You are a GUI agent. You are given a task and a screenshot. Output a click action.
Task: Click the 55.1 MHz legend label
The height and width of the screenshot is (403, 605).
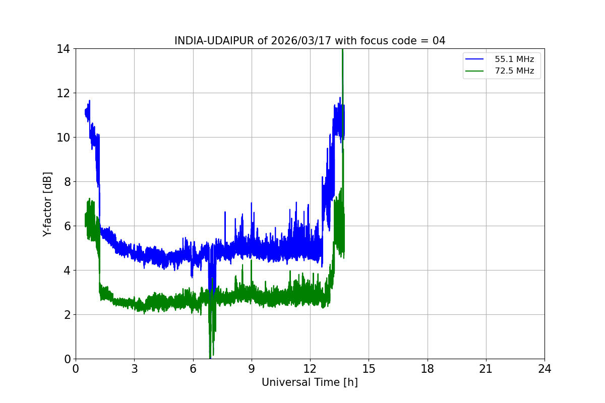point(514,59)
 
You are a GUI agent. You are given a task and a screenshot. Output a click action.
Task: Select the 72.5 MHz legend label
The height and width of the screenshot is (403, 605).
point(514,71)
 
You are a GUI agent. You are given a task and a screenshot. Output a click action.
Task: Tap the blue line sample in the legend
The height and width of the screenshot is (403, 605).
point(474,59)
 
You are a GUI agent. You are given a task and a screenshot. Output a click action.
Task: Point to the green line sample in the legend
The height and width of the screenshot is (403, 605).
point(474,71)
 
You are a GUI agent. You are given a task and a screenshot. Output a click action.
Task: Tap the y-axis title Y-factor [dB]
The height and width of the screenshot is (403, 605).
point(47,204)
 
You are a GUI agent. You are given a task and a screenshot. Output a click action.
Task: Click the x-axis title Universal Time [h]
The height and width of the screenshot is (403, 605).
point(310,382)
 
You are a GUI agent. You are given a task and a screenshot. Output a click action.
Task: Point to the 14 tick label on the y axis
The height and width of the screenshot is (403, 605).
point(63,49)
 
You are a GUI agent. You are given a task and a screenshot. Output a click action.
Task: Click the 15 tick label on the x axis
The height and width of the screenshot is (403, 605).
point(369,369)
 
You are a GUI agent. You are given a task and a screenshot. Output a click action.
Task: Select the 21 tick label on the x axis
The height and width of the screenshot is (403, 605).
point(486,369)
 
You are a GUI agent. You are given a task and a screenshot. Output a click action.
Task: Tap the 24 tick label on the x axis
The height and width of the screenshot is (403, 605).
point(544,369)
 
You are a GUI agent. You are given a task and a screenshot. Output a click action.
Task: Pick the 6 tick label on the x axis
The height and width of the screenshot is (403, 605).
point(193,369)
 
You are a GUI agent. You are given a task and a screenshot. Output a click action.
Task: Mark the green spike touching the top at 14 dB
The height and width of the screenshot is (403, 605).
point(343,50)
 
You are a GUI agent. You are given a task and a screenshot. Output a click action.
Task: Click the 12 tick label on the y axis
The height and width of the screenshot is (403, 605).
point(63,93)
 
